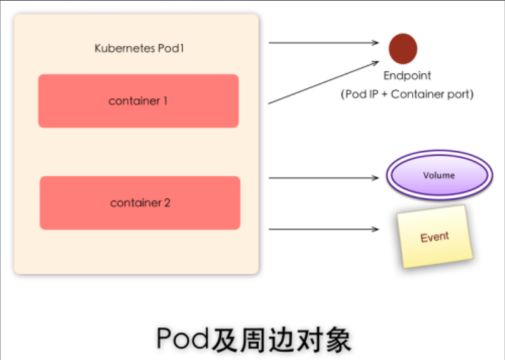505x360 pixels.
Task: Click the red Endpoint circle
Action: (403, 48)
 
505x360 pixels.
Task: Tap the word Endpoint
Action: (407, 76)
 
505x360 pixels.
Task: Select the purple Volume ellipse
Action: (439, 176)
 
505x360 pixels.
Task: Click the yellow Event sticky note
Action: (434, 237)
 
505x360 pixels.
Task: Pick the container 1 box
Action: (138, 101)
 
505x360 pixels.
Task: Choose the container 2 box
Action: (140, 203)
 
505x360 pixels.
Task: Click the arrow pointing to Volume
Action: (323, 178)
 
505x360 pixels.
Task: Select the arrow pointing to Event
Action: (323, 230)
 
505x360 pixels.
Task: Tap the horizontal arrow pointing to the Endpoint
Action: (323, 43)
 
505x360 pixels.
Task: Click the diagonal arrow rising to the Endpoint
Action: (323, 84)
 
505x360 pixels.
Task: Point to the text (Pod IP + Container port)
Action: (407, 94)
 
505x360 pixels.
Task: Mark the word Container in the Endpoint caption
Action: (419, 94)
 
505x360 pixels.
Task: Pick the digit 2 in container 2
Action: (167, 203)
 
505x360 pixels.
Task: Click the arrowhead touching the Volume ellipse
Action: (375, 178)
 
